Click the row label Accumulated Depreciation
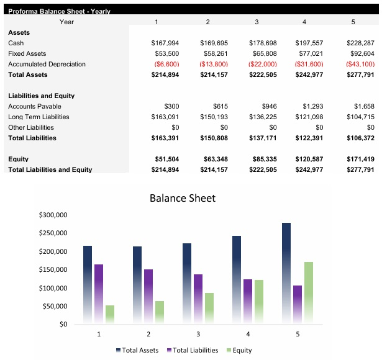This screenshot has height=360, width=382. pyautogui.click(x=47, y=65)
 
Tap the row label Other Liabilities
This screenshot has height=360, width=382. pyautogui.click(x=31, y=128)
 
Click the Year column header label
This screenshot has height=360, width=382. pyautogui.click(x=67, y=22)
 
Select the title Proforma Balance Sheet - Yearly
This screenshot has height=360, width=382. pyautogui.click(x=59, y=12)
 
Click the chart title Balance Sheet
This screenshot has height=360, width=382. pyautogui.click(x=183, y=199)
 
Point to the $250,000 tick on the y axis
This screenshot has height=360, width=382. pyautogui.click(x=53, y=233)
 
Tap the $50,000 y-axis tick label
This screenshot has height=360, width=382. pyautogui.click(x=55, y=306)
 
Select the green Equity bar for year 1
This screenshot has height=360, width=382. pyautogui.click(x=110, y=314)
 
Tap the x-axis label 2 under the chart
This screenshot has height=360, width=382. pyautogui.click(x=148, y=335)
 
